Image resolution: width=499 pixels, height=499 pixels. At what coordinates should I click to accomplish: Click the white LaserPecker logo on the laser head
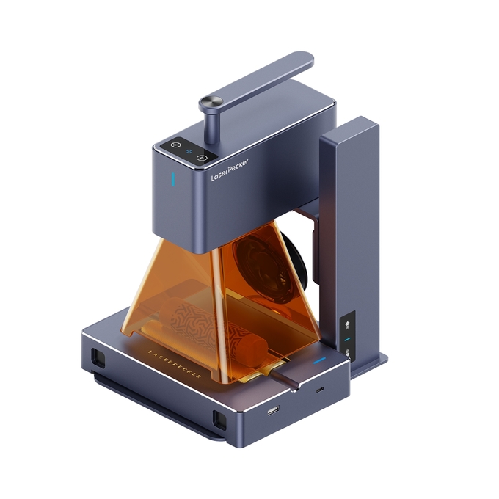click(229, 170)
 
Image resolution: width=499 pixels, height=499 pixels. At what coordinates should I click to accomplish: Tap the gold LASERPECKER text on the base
click(175, 364)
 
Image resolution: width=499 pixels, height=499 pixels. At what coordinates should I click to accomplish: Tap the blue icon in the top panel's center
click(189, 151)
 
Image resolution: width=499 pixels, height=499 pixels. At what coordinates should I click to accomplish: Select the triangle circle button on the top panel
click(201, 158)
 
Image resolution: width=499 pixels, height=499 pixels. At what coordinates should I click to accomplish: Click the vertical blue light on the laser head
click(172, 179)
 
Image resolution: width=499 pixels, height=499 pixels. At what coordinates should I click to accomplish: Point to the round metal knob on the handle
click(211, 103)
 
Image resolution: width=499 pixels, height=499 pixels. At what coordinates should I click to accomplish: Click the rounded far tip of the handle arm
click(305, 58)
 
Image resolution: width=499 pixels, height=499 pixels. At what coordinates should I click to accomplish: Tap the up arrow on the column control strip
click(348, 324)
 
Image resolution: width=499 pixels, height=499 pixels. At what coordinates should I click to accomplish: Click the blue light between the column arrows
click(348, 339)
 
